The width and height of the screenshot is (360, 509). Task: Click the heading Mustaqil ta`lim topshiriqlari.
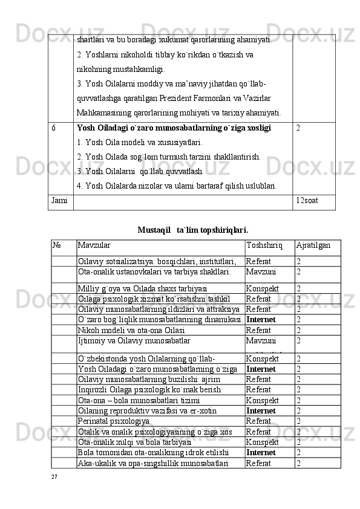tap(192, 230)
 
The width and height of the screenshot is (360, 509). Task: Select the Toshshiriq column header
tap(264, 245)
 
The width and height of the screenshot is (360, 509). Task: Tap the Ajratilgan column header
tap(313, 245)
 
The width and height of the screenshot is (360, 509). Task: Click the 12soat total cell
tap(307, 199)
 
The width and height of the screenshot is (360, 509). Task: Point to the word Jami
tap(59, 199)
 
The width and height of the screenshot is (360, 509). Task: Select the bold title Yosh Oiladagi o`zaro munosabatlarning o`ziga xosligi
tap(174, 128)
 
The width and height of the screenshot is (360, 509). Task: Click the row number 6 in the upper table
tap(54, 128)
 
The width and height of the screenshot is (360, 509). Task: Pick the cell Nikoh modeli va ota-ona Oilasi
tap(130, 330)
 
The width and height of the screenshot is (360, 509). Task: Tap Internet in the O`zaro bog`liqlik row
tap(261, 320)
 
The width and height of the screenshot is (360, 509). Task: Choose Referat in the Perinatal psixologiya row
tap(259, 421)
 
